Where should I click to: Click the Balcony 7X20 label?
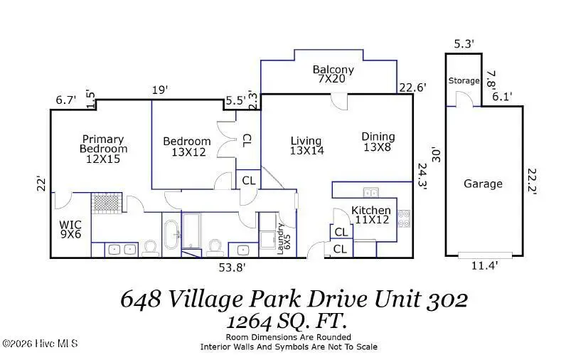point(333,75)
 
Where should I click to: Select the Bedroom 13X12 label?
point(186,147)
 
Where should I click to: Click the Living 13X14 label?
point(306,146)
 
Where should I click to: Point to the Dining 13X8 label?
point(378,142)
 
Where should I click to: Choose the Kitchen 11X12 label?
point(370,216)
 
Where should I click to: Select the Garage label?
point(483,184)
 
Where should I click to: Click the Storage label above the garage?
point(464,81)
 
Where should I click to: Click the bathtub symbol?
point(171,235)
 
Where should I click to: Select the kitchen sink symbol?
point(370,192)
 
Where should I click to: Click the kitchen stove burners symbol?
point(404,218)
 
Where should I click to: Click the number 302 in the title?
point(448,300)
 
